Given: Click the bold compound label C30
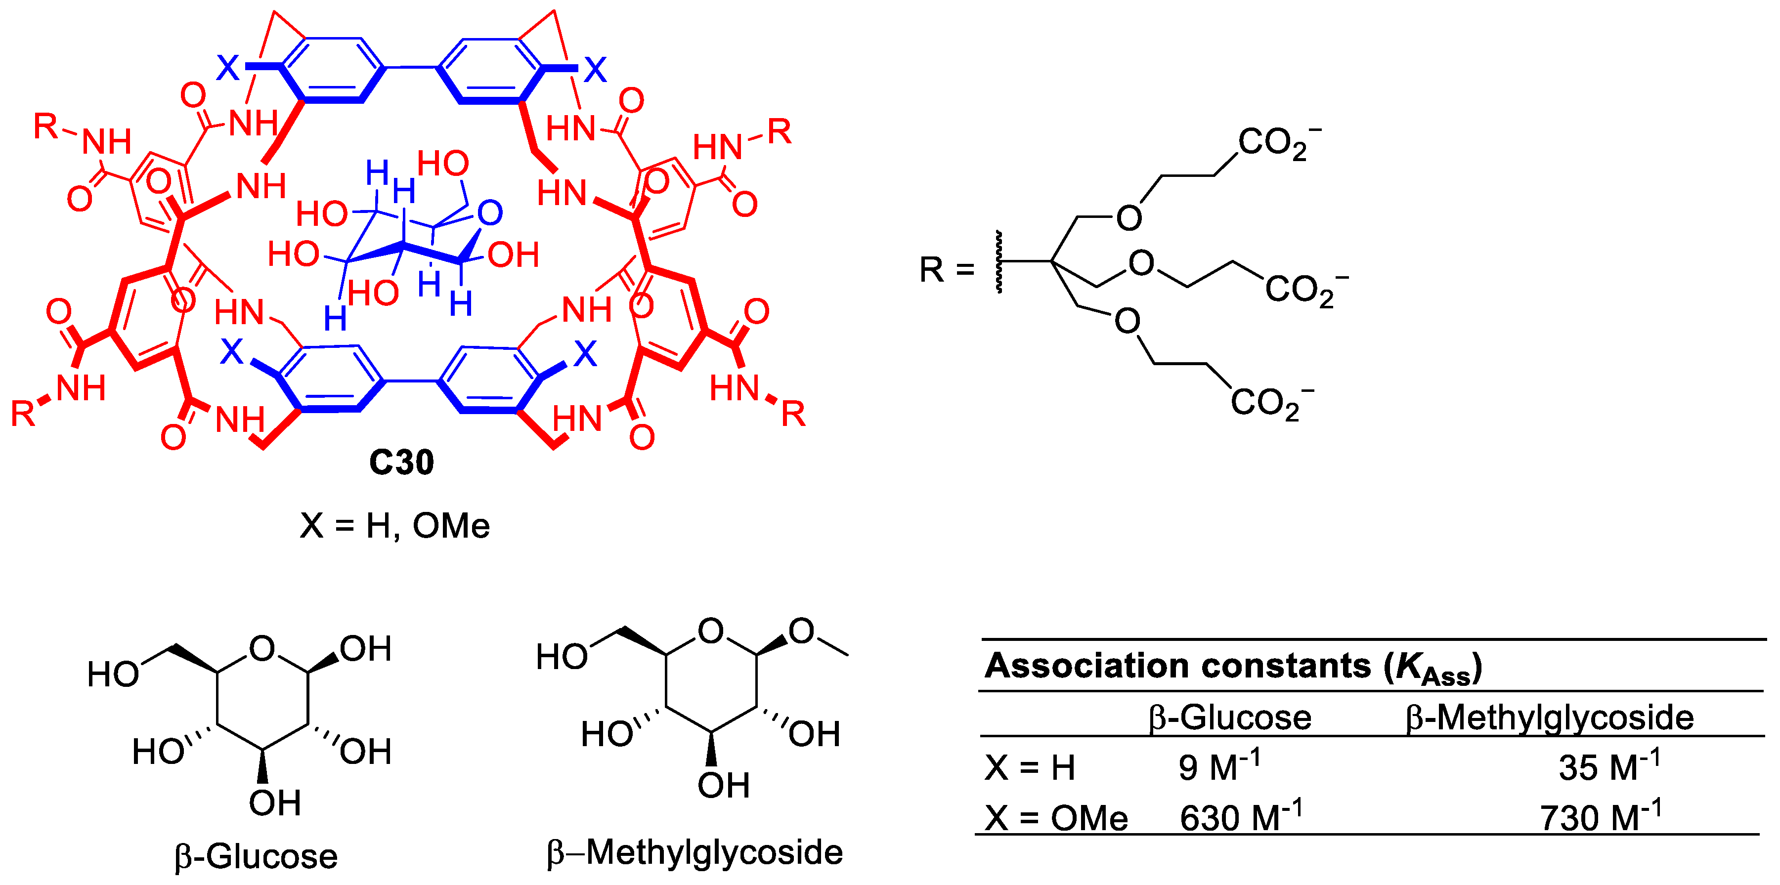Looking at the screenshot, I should coord(401,462).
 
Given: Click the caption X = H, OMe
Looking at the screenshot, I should coord(394,526).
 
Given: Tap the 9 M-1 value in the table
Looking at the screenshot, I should coord(1218,766).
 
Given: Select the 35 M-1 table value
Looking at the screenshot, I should coord(1608,766).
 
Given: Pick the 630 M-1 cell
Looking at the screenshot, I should coord(1240,817).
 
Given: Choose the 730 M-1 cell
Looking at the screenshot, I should coord(1599,817).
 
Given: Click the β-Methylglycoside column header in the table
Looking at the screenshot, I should coord(1549,717).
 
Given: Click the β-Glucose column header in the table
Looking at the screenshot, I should coord(1229,717).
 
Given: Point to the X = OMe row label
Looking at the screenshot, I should coord(1056,818).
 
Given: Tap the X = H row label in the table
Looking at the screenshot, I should coord(1030,767).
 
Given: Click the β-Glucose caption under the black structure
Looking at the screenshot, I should coord(257,857).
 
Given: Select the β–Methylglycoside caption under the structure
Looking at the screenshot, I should coord(695,852).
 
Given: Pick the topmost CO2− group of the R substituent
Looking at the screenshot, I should coord(1278,143).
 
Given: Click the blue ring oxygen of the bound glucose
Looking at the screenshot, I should coord(490,213).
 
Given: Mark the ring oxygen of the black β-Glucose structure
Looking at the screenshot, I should coord(262,649).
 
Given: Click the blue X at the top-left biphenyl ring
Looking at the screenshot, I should coord(228,68).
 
